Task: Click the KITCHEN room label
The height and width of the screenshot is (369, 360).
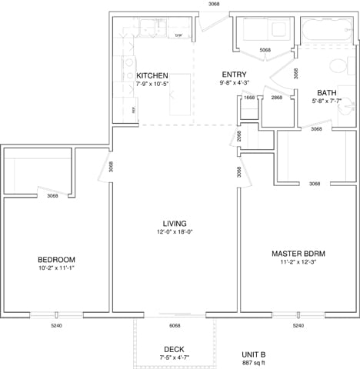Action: (x=152, y=75)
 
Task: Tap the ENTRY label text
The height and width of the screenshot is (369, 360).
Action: (x=234, y=75)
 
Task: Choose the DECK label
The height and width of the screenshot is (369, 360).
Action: (x=173, y=349)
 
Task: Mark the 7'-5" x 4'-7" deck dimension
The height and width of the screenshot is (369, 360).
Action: (x=173, y=357)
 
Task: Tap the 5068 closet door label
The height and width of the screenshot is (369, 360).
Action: (x=265, y=50)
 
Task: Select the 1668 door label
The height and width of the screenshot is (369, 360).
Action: (x=249, y=98)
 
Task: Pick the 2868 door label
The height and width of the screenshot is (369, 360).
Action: (x=276, y=98)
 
